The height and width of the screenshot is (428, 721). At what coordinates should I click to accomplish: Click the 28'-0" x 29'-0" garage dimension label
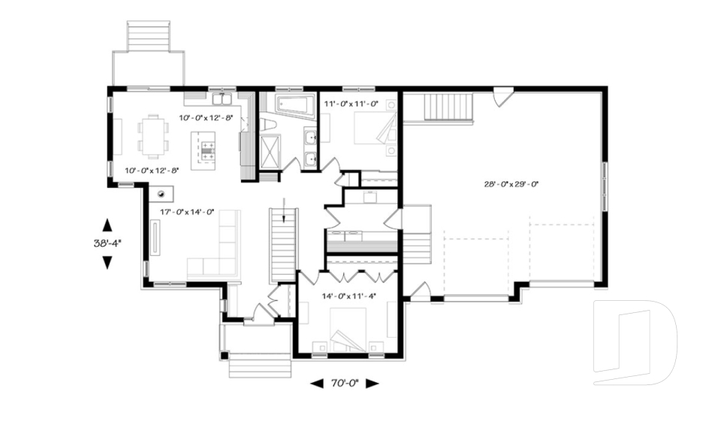(x=511, y=184)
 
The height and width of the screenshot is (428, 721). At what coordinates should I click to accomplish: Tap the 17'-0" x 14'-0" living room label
(x=187, y=212)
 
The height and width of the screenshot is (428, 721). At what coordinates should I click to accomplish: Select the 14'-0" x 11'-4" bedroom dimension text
(x=349, y=296)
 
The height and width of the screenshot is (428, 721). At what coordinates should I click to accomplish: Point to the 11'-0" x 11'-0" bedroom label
(x=351, y=104)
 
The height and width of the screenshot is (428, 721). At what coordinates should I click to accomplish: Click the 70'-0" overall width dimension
(x=345, y=384)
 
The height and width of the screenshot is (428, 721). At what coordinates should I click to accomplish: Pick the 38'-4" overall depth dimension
(x=107, y=243)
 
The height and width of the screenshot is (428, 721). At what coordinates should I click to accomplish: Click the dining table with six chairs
(x=153, y=135)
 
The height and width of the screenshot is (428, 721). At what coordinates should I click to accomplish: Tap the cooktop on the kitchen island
(x=207, y=150)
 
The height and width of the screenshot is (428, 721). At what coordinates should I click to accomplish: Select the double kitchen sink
(x=222, y=99)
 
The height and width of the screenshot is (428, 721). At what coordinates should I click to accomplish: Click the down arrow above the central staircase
(x=284, y=210)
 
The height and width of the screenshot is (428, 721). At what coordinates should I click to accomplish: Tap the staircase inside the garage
(x=449, y=106)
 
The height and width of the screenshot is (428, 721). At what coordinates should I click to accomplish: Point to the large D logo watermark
(x=635, y=343)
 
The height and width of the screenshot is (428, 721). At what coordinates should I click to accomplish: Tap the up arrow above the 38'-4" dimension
(x=107, y=224)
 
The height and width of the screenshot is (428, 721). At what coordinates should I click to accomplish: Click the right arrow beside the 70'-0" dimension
(x=372, y=384)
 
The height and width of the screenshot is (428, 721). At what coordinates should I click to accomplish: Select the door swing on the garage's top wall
(x=502, y=97)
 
